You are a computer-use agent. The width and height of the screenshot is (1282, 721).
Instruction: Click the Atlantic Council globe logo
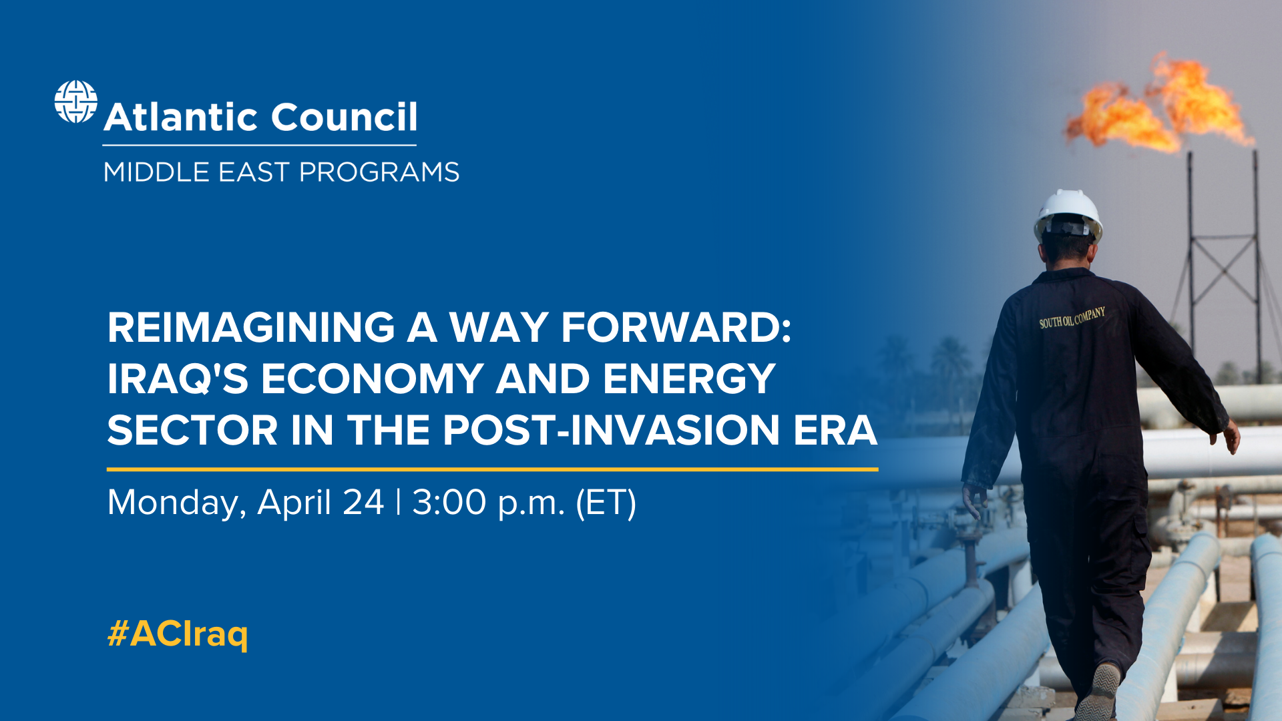coord(75,102)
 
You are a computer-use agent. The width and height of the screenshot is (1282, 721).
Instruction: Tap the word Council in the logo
coord(344,117)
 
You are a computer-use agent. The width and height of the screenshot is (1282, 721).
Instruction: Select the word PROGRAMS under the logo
coord(379,172)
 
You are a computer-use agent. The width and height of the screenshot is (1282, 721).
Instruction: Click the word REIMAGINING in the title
coord(251,328)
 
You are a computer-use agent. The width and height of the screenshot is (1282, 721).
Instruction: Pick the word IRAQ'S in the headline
coord(178,379)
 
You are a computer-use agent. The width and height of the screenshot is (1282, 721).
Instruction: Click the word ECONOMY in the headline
coord(372,379)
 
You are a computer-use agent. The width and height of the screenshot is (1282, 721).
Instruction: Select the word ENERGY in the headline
coord(689,379)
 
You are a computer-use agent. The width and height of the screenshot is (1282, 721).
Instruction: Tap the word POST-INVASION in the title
coord(611,430)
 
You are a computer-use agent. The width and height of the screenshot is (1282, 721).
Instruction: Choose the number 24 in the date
coord(363,503)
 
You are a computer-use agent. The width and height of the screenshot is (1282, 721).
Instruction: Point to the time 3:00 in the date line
coord(449,503)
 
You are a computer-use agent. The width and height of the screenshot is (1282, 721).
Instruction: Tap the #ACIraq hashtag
coord(178,634)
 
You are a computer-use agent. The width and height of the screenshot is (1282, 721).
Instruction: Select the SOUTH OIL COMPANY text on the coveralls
coord(1072,318)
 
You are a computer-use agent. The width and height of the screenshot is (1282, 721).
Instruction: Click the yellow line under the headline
coord(492,469)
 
